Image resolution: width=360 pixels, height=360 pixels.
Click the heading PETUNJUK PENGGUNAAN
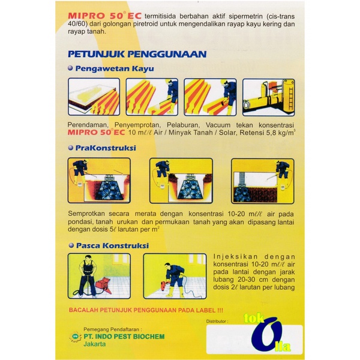coord(137,54)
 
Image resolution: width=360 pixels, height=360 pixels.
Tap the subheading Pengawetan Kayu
coord(115,68)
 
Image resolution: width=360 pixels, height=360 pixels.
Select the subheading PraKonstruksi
coord(106,148)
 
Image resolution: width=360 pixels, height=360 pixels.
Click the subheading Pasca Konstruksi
coord(112,245)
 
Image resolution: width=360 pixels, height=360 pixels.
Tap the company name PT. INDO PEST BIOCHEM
coord(124,337)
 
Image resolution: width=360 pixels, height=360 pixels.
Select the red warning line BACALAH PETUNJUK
coord(146,310)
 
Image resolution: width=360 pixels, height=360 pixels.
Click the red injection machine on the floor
coord(103,285)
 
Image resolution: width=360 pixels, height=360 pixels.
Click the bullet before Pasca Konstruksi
coord(71,245)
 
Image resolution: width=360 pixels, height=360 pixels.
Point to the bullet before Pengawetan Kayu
coord(70,68)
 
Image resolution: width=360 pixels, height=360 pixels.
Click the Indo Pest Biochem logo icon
coord(75,337)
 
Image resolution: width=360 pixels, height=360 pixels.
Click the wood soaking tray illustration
coord(94,97)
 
